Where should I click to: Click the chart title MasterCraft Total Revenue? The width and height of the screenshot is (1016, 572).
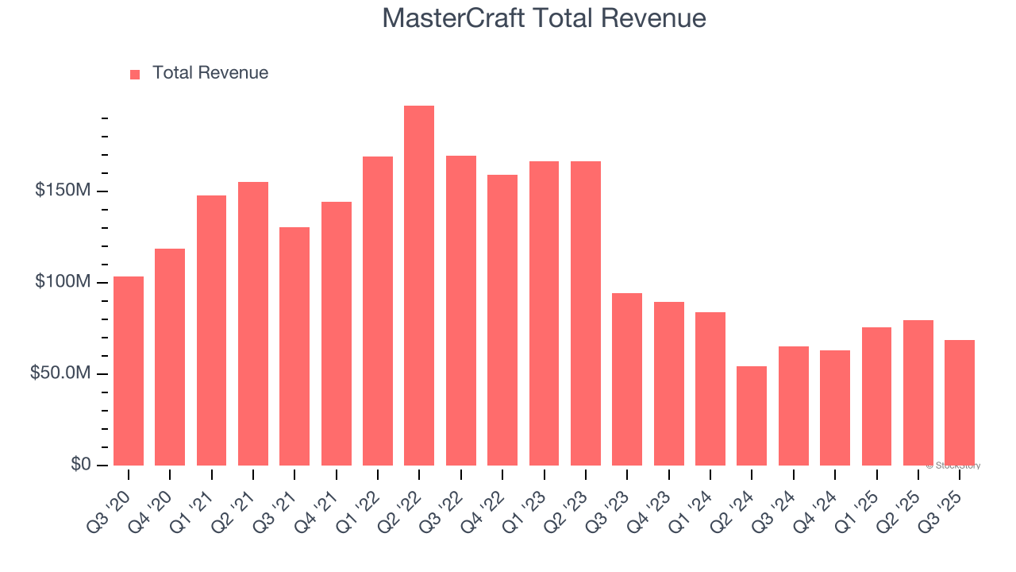pyautogui.click(x=544, y=18)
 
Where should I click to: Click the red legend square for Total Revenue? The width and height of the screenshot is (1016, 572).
pyautogui.click(x=135, y=74)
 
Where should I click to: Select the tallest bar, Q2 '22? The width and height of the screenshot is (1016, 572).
pyautogui.click(x=419, y=285)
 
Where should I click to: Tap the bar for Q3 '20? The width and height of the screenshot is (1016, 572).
pyautogui.click(x=129, y=371)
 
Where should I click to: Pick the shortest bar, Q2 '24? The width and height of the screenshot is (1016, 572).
pyautogui.click(x=752, y=415)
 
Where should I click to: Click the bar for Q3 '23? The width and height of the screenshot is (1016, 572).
pyautogui.click(x=627, y=379)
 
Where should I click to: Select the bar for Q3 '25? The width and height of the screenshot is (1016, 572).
pyautogui.click(x=960, y=403)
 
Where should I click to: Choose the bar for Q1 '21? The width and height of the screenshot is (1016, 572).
pyautogui.click(x=211, y=330)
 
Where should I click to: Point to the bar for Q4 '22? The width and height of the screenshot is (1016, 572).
pyautogui.click(x=502, y=320)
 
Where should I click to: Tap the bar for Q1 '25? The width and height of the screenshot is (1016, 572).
pyautogui.click(x=876, y=396)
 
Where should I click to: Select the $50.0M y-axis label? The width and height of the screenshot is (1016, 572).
pyautogui.click(x=60, y=373)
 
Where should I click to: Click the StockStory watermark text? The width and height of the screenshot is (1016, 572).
pyautogui.click(x=953, y=466)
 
